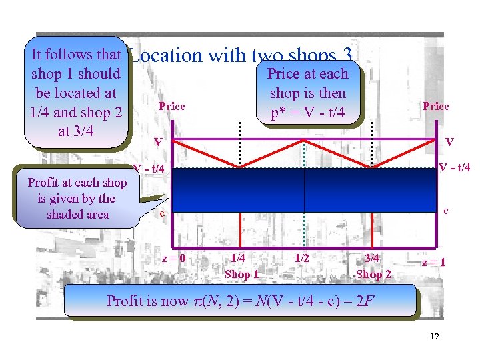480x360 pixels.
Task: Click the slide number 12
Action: tap(435, 336)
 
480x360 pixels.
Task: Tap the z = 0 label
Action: tap(174, 258)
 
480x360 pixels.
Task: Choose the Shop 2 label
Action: tap(373, 274)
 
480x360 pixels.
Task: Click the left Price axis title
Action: tap(172, 106)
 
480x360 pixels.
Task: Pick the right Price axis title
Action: tap(436, 106)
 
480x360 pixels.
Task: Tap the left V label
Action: tap(158, 142)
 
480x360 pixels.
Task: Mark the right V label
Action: tap(450, 142)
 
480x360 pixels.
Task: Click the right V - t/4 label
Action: tap(453, 168)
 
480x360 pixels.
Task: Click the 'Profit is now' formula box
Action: tap(240, 301)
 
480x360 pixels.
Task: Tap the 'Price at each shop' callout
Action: tap(307, 93)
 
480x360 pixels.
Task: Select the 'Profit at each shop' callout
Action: tap(77, 198)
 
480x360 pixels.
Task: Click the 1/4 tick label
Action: tap(237, 258)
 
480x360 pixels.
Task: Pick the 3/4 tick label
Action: tap(372, 258)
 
